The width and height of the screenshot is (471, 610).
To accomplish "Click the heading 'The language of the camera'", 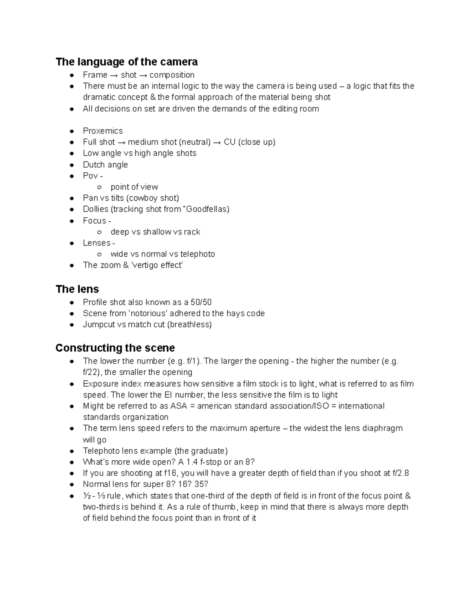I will [126, 62].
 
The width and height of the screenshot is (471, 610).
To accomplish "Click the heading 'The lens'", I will [77, 289].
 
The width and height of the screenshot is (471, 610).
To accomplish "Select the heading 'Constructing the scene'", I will [115, 348].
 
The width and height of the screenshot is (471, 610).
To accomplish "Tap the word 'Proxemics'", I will [102, 131].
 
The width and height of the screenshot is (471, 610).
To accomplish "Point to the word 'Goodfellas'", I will [206, 209].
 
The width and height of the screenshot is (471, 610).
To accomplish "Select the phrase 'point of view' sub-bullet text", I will [134, 187].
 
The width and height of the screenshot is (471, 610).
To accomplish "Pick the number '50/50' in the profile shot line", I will [201, 302].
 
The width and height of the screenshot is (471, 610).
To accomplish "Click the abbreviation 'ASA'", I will [179, 406].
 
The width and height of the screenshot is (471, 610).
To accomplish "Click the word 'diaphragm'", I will [382, 428].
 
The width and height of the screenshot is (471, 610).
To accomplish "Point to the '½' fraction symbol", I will [86, 496].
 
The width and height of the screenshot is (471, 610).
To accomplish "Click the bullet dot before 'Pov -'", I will [72, 176].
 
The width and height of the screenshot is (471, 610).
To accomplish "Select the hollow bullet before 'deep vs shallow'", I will [99, 232].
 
